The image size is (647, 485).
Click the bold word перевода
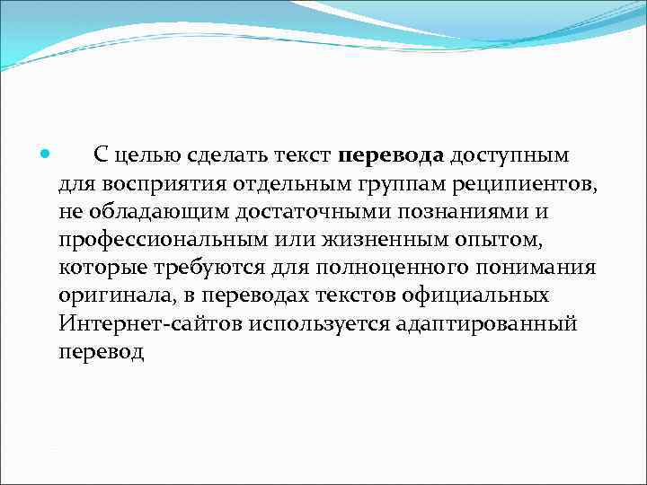click(x=392, y=156)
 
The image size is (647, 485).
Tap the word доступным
click(x=510, y=156)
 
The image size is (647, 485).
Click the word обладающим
click(x=154, y=213)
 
